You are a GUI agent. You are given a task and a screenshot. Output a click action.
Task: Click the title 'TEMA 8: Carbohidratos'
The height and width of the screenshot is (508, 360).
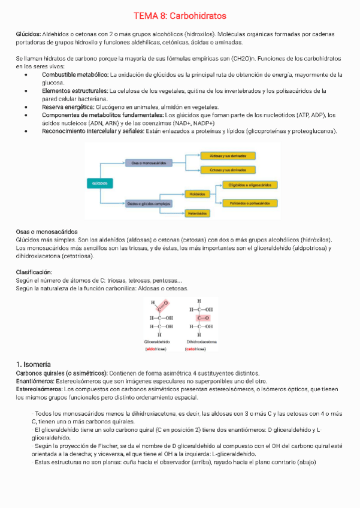(180, 16)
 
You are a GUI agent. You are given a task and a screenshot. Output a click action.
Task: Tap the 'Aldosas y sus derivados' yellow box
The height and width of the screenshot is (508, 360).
(228, 155)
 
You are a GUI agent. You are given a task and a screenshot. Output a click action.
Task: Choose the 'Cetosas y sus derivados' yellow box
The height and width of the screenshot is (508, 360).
(228, 170)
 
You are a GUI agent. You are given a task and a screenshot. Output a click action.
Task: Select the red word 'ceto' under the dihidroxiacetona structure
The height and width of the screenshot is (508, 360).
(191, 347)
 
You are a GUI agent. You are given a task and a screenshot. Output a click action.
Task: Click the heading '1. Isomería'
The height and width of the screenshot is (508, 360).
(34, 364)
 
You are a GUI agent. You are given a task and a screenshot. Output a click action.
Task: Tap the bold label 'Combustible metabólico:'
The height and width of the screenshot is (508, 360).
(75, 75)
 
